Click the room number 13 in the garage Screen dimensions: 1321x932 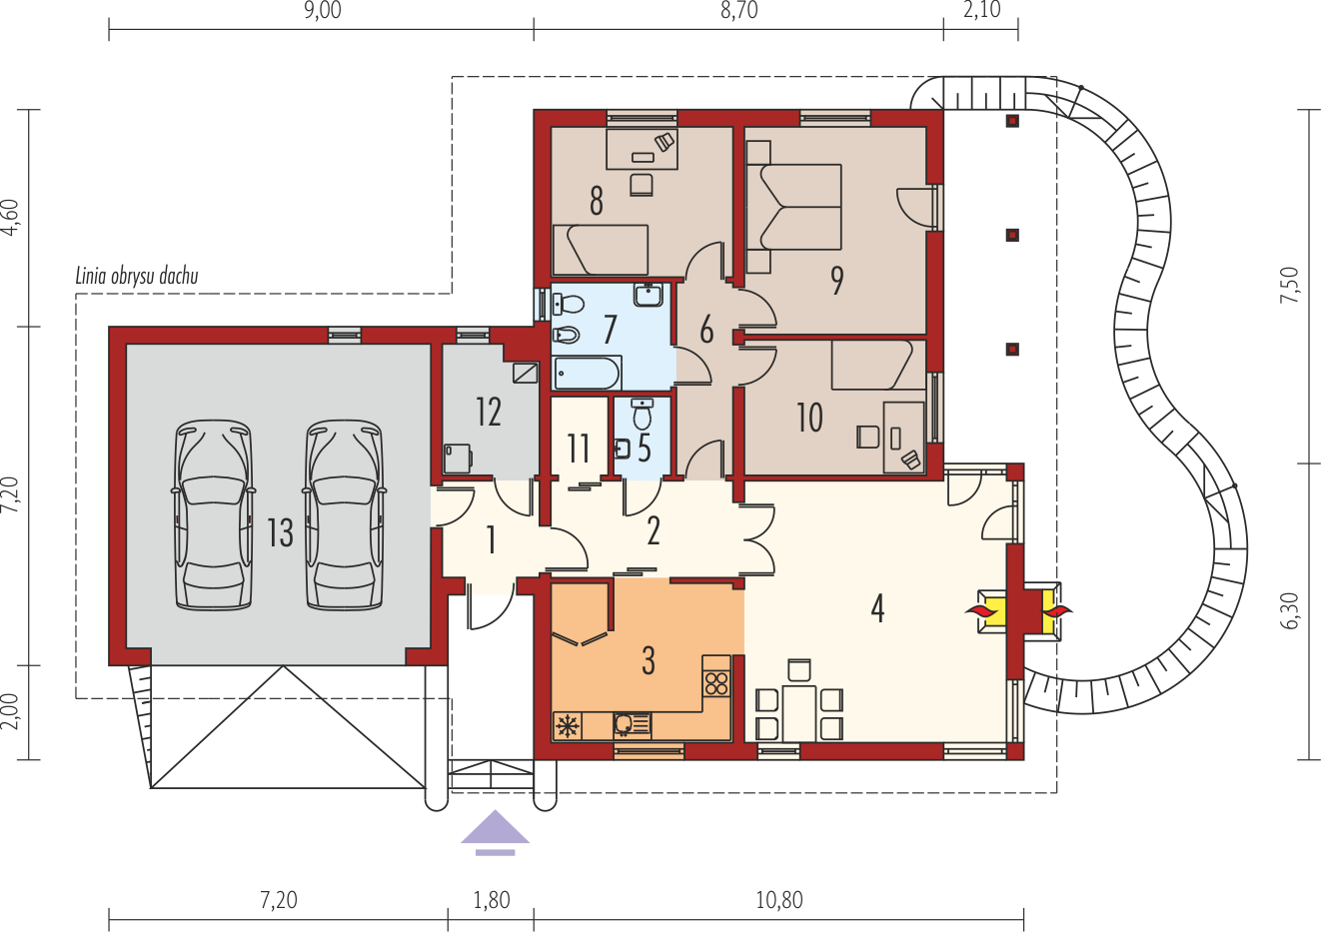(x=280, y=532)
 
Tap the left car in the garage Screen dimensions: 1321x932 (x=214, y=514)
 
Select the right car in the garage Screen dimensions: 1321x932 (x=345, y=514)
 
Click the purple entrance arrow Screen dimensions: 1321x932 (x=496, y=832)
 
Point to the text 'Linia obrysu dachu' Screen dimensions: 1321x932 (x=137, y=276)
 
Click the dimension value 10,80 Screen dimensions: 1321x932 (x=779, y=900)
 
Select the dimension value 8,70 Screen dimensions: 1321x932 (x=738, y=10)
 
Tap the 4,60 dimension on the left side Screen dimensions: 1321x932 (x=11, y=218)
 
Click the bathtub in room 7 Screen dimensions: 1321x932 (x=588, y=373)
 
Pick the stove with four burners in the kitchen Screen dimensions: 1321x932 (x=716, y=684)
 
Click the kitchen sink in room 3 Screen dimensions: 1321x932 (x=632, y=725)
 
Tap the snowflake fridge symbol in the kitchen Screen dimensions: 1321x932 (x=568, y=725)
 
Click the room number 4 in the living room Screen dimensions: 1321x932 (x=877, y=608)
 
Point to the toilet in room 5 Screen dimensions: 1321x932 (x=643, y=415)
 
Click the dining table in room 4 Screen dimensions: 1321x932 (x=799, y=712)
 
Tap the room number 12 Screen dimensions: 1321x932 (x=489, y=412)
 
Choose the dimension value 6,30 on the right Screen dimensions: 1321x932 (x=1290, y=610)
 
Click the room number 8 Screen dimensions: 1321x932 (x=597, y=201)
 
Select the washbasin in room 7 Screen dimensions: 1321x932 (x=649, y=295)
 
